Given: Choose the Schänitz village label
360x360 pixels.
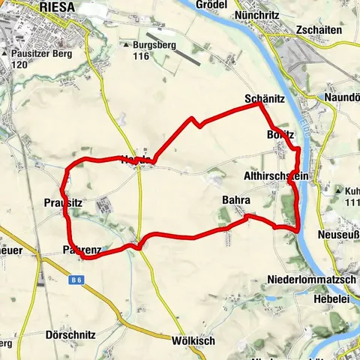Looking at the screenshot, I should [x=262, y=99].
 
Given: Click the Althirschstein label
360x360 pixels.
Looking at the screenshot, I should [x=272, y=176].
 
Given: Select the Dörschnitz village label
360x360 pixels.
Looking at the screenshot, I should [x=70, y=335].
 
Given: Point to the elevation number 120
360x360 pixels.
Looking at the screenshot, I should [x=19, y=65].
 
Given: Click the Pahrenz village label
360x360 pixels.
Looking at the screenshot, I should [x=82, y=249].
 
